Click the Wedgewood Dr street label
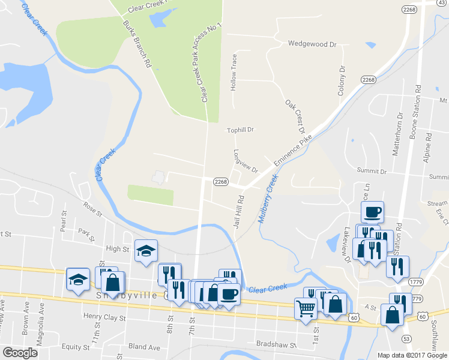click(x=312, y=44)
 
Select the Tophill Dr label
click(x=241, y=130)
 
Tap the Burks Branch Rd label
click(x=136, y=45)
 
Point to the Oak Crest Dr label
click(x=295, y=118)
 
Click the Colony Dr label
click(x=342, y=82)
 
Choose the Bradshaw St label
click(x=277, y=346)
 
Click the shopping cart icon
click(x=306, y=309)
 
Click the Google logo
click(x=20, y=353)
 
